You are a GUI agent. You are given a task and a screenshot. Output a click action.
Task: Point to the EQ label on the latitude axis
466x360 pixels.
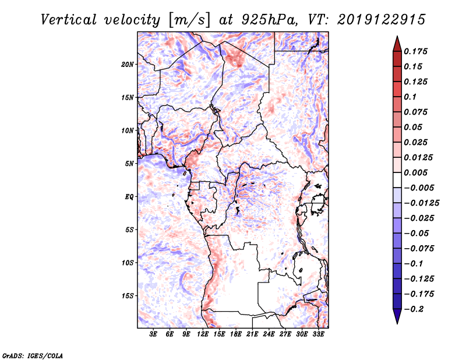pyautogui.click(x=129, y=196)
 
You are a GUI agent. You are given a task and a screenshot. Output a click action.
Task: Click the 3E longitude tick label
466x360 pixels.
pyautogui.click(x=154, y=334)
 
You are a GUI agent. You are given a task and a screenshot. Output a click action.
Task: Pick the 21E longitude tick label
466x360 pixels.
pyautogui.click(x=253, y=334)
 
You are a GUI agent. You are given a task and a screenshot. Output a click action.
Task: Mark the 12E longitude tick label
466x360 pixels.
pyautogui.click(x=203, y=334)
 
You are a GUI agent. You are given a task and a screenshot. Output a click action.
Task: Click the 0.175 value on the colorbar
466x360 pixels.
pyautogui.click(x=417, y=51)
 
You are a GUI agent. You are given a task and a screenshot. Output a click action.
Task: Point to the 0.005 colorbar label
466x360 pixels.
pyautogui.click(x=417, y=172)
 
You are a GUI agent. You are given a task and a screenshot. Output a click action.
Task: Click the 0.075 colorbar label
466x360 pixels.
pyautogui.click(x=417, y=112)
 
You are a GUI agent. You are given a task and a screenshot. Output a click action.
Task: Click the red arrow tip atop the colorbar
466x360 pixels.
pyautogui.click(x=397, y=42)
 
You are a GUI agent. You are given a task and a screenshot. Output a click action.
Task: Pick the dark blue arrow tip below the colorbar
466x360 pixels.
pyautogui.click(x=397, y=317)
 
